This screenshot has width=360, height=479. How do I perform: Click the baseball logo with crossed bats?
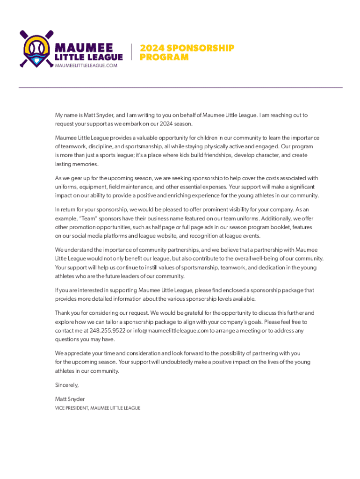click(36, 48)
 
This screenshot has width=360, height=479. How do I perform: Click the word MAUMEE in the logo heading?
click(84, 48)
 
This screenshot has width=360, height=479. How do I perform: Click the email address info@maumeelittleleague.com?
click(170, 331)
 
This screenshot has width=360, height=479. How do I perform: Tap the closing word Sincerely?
click(67, 385)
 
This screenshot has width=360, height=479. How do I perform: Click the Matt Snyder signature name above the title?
click(70, 399)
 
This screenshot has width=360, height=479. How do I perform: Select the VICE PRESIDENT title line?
click(98, 408)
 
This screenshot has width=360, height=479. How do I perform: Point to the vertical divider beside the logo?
click(131, 52)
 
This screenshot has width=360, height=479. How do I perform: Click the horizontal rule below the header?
click(180, 87)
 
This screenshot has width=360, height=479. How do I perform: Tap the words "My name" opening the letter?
click(67, 115)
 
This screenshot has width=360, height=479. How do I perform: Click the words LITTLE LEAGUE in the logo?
click(89, 57)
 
